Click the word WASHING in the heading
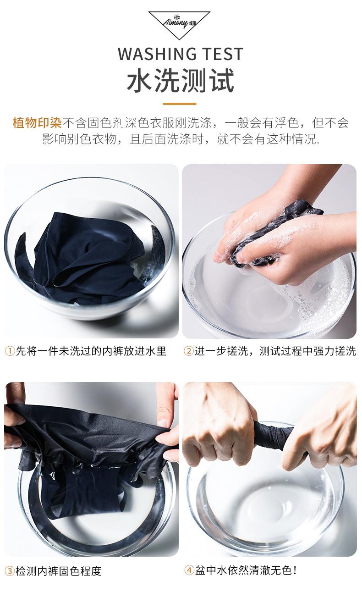coord(157,54)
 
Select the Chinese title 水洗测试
coord(181,80)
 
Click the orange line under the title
coord(180,104)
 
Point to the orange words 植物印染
coord(37,123)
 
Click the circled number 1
coord(10,351)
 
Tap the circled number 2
coord(189,351)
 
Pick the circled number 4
coord(189,570)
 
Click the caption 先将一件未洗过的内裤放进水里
coord(91,351)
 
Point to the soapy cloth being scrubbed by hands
coord(272,232)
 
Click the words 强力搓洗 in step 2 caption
coord(335,351)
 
